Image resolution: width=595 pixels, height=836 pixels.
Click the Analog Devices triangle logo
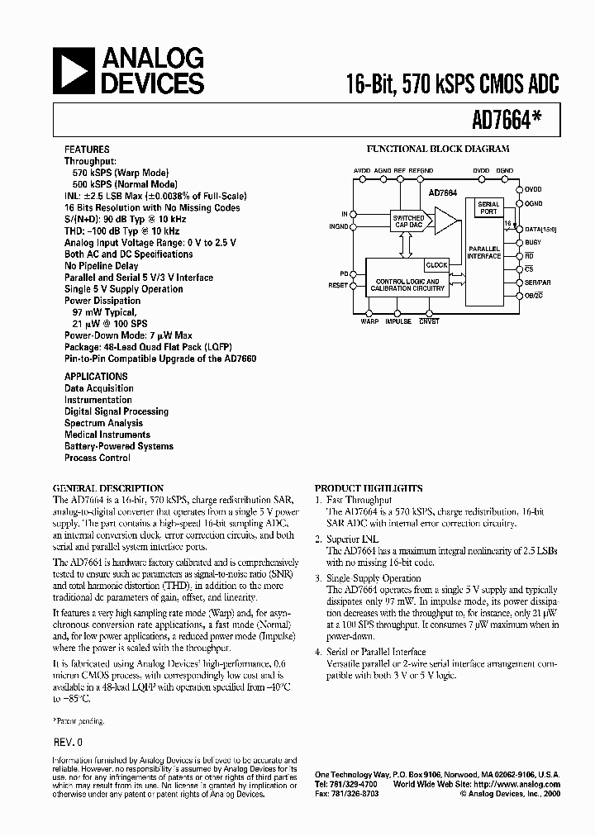[x=74, y=70]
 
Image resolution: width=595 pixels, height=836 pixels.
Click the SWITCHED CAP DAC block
[x=408, y=220]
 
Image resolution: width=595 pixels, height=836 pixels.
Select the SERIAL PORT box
[x=489, y=207]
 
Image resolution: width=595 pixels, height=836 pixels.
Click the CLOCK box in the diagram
[x=436, y=265]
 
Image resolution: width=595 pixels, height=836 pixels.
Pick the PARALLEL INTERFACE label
[x=484, y=252]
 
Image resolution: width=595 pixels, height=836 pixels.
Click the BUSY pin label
[x=533, y=242]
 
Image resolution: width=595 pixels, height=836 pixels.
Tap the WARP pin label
[x=369, y=321]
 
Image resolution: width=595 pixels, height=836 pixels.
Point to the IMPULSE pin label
[x=397, y=321]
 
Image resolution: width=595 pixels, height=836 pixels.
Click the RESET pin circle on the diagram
[x=354, y=285]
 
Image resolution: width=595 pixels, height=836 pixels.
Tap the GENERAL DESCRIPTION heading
[x=108, y=488]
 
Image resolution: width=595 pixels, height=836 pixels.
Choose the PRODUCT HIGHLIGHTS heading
[x=369, y=488]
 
